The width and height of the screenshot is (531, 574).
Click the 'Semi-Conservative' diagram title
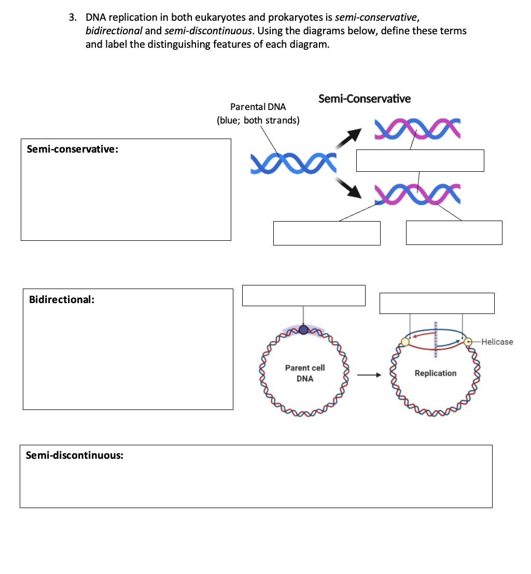[364, 99]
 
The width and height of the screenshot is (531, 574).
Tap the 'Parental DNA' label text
[258, 107]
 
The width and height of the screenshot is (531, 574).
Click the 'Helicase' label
[496, 341]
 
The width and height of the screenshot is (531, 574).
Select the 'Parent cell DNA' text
[305, 373]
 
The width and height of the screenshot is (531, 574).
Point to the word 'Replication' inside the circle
[436, 373]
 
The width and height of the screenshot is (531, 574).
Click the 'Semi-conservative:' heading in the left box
[72, 149]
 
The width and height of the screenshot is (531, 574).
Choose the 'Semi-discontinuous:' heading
[75, 455]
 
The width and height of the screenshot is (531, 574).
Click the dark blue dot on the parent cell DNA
[303, 330]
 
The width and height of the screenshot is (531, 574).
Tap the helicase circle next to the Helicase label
[468, 341]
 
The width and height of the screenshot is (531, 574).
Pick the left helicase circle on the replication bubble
[405, 341]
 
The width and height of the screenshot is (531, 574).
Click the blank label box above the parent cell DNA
[303, 295]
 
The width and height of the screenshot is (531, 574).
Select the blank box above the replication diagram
[437, 303]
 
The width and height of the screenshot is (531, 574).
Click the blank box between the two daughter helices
[420, 160]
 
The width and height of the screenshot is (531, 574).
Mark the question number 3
[73, 18]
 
